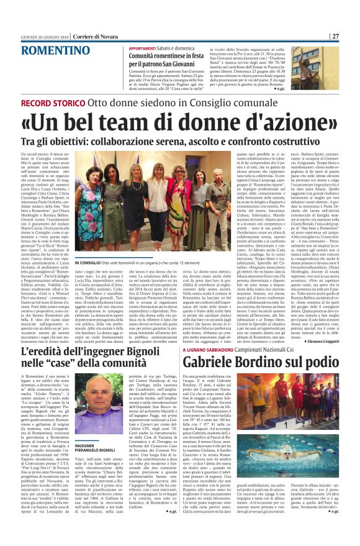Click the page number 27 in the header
(352, 6)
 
